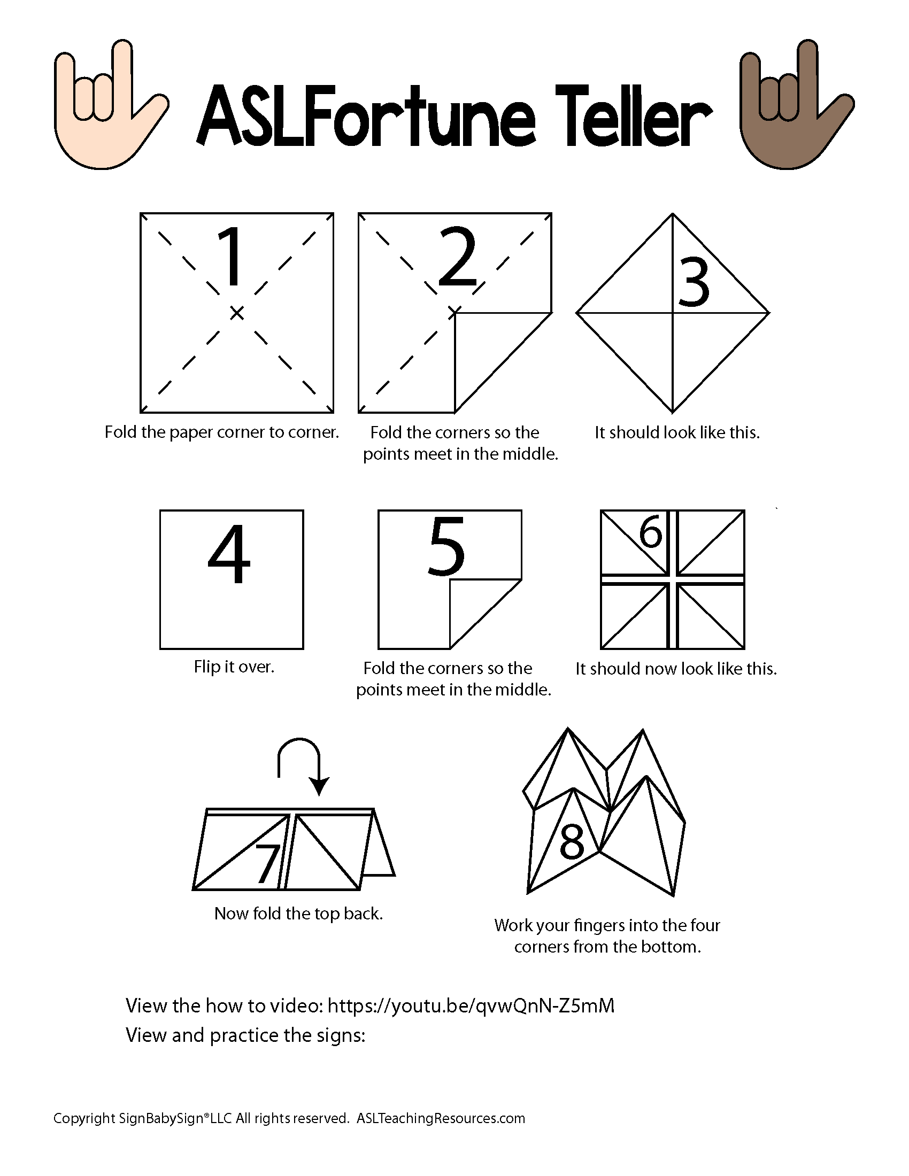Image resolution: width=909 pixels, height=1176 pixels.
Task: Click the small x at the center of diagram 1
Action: pyautogui.click(x=236, y=312)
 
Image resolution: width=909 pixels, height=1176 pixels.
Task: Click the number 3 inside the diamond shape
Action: pyautogui.click(x=695, y=283)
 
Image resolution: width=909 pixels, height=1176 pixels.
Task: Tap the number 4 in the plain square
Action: pyautogui.click(x=229, y=555)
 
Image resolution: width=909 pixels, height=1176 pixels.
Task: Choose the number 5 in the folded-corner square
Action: pyautogui.click(x=446, y=546)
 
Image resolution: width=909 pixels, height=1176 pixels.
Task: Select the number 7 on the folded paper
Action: pyautogui.click(x=268, y=864)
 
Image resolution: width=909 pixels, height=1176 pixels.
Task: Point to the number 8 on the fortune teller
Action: pyautogui.click(x=572, y=841)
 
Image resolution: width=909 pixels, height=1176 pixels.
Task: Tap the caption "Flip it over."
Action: pyautogui.click(x=234, y=667)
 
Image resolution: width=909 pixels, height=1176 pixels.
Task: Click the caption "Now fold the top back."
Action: pyautogui.click(x=298, y=914)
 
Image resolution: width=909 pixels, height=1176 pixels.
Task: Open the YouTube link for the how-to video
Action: pyautogui.click(x=471, y=1006)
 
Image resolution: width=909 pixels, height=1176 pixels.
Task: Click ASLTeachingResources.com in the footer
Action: pyautogui.click(x=441, y=1118)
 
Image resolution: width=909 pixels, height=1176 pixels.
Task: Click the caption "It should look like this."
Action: pyautogui.click(x=677, y=432)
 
